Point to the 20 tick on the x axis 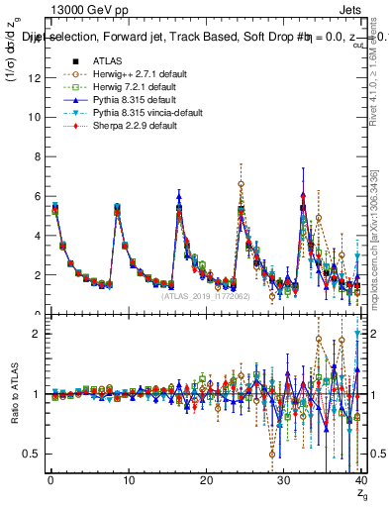206,481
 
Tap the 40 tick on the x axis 360,481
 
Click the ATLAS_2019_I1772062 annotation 205,296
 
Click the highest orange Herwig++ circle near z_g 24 241,184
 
